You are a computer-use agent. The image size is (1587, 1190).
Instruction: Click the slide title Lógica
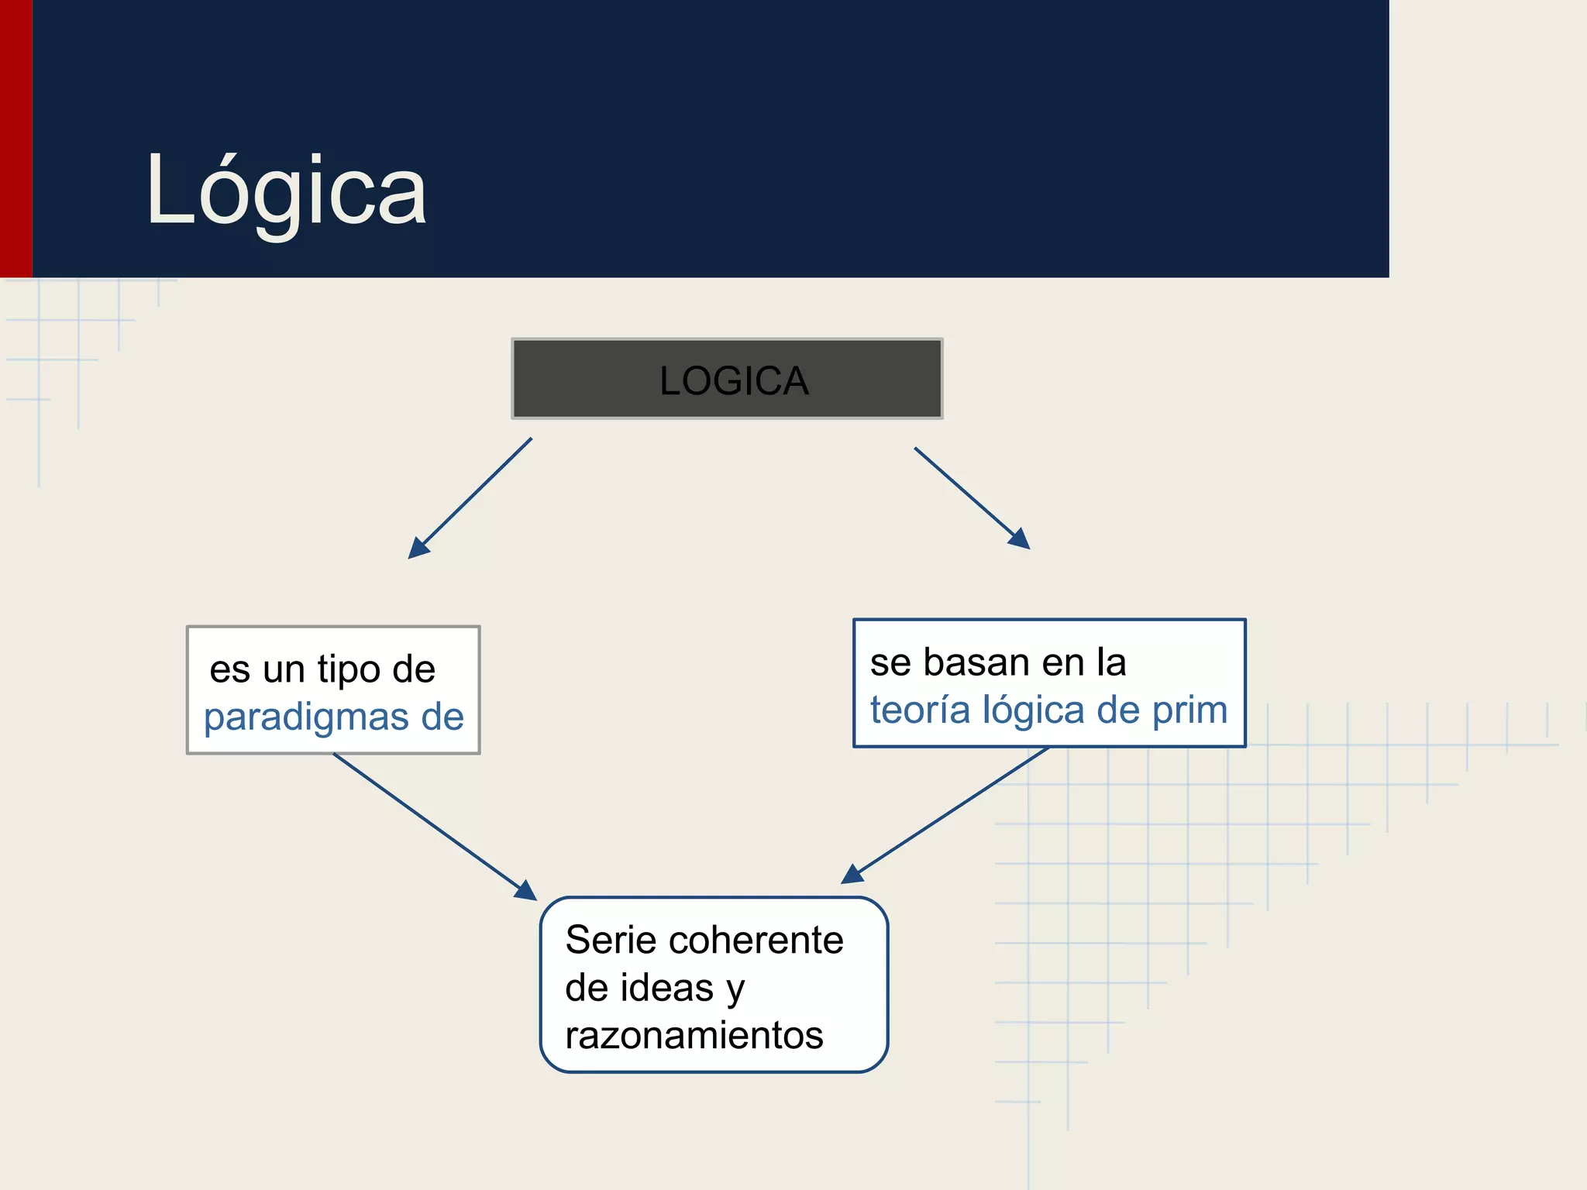point(286,191)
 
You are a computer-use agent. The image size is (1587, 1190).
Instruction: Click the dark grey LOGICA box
point(727,379)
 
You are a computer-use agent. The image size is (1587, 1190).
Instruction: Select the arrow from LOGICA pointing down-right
point(972,497)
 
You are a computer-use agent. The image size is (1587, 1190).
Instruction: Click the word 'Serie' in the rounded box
point(611,941)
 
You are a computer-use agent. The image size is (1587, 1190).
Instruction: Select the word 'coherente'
point(756,941)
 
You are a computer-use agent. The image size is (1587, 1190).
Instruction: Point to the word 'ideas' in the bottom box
point(670,988)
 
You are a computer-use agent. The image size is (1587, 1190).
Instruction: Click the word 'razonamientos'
point(694,1036)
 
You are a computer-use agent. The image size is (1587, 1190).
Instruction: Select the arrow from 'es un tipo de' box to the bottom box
point(434,826)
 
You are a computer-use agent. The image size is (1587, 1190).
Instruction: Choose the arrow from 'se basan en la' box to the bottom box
point(945,814)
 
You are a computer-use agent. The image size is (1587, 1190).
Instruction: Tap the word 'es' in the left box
point(230,669)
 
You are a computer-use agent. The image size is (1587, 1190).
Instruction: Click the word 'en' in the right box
point(1063,662)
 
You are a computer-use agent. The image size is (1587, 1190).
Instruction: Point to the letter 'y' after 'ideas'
point(735,990)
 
